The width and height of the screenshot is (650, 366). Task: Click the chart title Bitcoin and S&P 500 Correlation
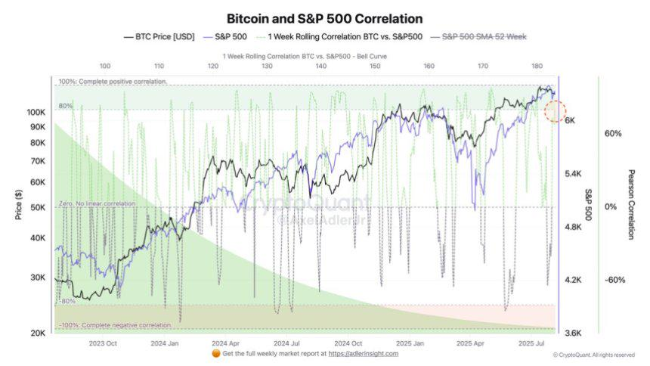(325, 18)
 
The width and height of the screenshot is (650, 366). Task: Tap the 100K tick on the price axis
(36, 112)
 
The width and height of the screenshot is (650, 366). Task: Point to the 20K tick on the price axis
(37, 333)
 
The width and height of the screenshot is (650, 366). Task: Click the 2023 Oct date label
(102, 343)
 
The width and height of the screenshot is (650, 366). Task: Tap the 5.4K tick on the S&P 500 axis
(575, 174)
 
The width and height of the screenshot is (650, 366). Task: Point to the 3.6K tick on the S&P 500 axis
(575, 333)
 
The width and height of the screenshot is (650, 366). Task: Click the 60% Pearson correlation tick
(613, 133)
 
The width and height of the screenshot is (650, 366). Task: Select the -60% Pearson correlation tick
(614, 280)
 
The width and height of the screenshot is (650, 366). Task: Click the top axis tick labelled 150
(375, 67)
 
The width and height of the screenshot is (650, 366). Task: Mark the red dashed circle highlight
(556, 111)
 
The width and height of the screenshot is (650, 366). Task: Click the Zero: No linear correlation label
(98, 204)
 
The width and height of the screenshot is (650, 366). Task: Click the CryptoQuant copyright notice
(593, 355)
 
